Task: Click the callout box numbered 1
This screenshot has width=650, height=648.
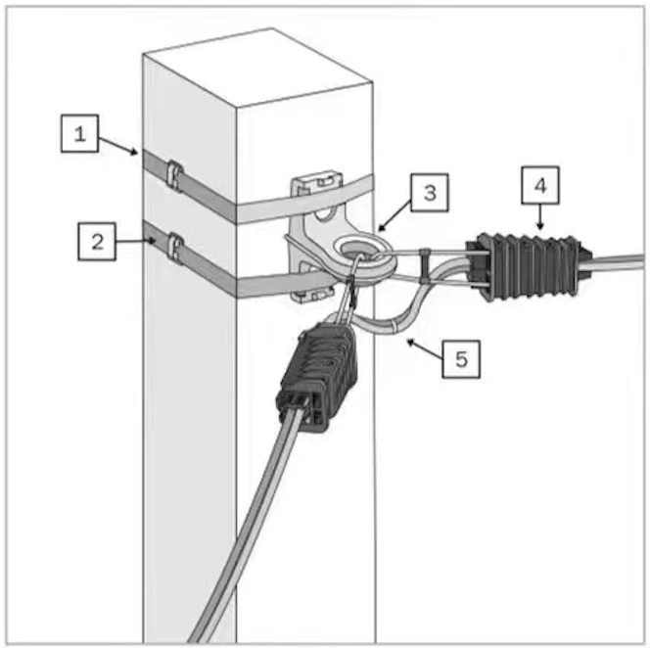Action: tap(79, 133)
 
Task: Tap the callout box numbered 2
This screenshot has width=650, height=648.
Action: tap(97, 242)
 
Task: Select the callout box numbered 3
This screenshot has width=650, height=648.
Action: tap(430, 193)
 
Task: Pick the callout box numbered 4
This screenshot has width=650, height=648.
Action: tap(540, 185)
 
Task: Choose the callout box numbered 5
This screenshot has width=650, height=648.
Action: tap(461, 359)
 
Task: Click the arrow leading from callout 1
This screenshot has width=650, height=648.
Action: tap(118, 147)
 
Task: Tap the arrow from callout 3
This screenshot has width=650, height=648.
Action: tap(395, 215)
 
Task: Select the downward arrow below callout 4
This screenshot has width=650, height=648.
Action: tap(539, 216)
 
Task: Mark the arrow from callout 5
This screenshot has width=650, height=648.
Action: tap(425, 349)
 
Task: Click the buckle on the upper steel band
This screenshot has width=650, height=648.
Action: tap(174, 175)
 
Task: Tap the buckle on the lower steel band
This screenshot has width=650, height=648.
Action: tap(175, 248)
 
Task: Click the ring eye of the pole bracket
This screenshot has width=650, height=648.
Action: tap(365, 253)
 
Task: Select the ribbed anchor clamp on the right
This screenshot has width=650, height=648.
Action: tap(529, 265)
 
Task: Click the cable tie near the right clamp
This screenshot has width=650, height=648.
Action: tap(426, 265)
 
